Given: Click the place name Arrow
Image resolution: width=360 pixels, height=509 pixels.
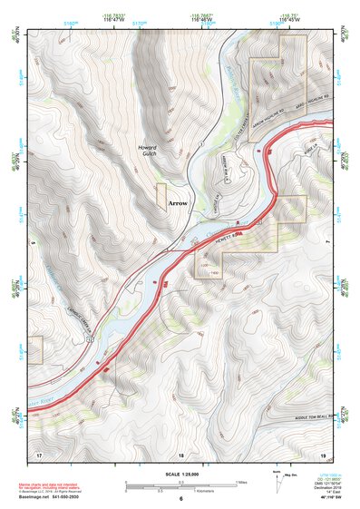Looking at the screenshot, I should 177,204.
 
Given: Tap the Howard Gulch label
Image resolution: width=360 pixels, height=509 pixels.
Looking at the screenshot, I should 147,151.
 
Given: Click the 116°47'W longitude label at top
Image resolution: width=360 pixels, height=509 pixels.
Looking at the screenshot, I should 114,20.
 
